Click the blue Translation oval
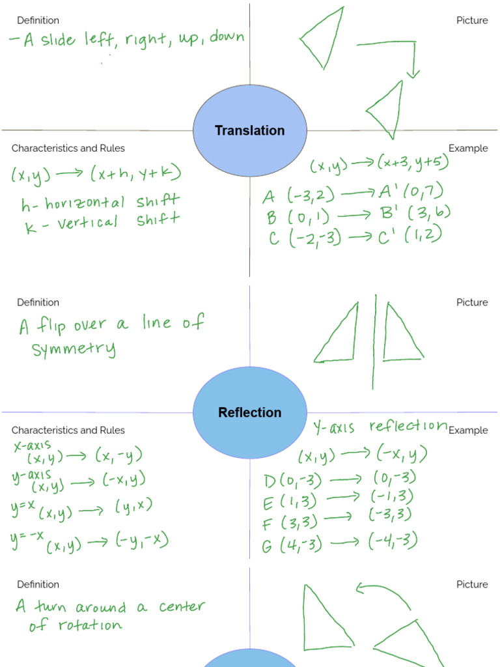click(250, 130)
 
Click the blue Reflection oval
click(250, 412)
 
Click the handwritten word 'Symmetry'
click(74, 349)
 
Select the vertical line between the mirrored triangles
click(374, 342)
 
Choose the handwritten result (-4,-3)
click(392, 541)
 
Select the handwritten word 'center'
click(182, 607)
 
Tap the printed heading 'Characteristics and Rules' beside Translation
click(68, 149)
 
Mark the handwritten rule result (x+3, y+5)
click(413, 163)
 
